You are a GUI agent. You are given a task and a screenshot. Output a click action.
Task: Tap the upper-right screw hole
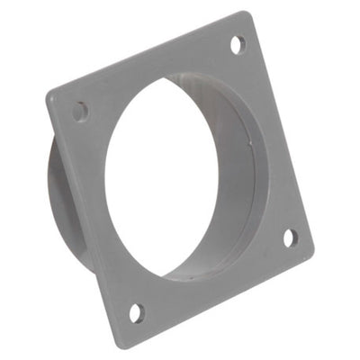click(x=238, y=43)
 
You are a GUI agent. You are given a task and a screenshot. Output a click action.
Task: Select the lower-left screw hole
click(x=136, y=312)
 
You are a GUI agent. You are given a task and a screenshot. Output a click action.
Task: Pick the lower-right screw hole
click(x=291, y=238)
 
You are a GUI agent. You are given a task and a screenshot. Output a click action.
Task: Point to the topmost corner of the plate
click(x=246, y=13)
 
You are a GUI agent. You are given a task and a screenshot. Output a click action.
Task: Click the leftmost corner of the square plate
click(x=48, y=93)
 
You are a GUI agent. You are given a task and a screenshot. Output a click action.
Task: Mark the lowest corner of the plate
click(x=121, y=346)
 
